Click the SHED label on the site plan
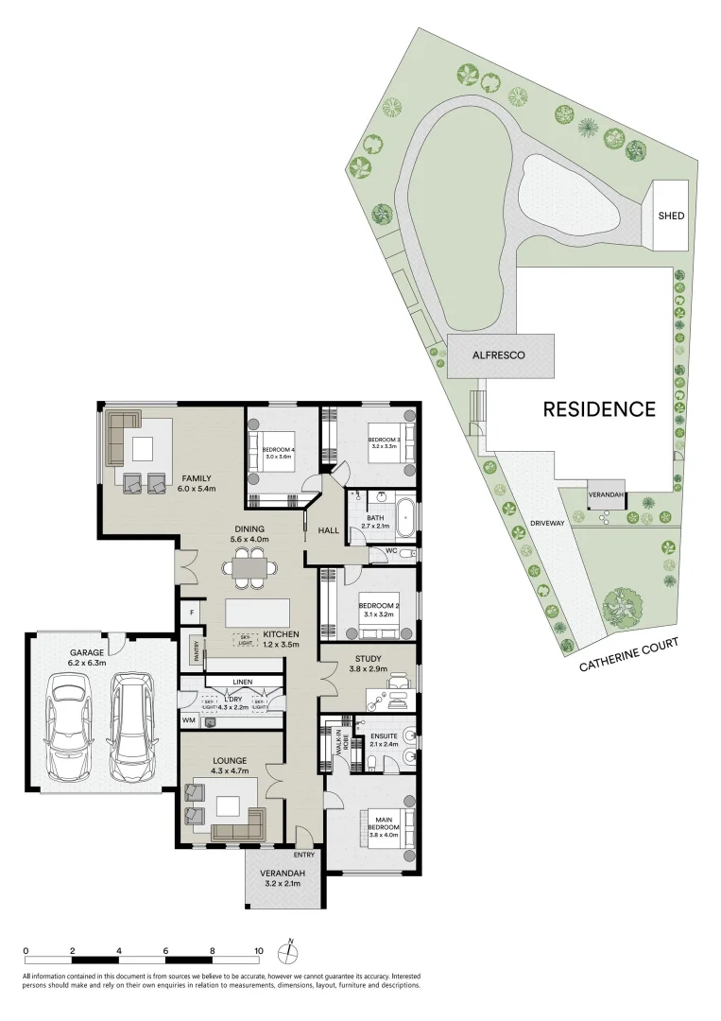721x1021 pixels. (671, 216)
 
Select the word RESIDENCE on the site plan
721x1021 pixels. (598, 409)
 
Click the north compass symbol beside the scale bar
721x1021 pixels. (291, 951)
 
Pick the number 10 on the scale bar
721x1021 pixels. (258, 952)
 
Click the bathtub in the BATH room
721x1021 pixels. (405, 516)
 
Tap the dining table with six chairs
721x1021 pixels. (250, 568)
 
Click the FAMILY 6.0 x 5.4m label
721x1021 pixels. (197, 483)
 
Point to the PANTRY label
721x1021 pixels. (197, 652)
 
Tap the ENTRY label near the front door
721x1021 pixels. (304, 829)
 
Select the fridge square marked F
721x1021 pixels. (191, 613)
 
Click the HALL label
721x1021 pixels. (328, 531)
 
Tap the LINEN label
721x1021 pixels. (242, 681)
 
